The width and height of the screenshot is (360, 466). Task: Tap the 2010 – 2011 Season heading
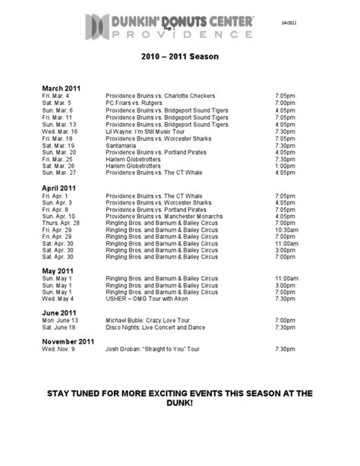pos(180,57)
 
